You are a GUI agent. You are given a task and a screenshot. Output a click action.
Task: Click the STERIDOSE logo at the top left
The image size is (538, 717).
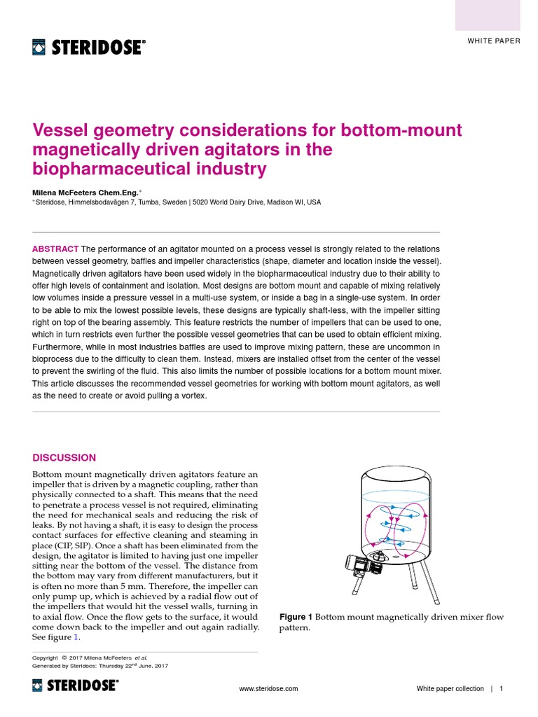[x=89, y=48]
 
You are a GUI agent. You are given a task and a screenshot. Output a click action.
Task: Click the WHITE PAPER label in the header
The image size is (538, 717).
[x=494, y=41]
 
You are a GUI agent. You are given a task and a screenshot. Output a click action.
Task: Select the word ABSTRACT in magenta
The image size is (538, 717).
[x=55, y=249]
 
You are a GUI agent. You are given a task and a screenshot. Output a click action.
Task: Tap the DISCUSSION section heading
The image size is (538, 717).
[x=64, y=457]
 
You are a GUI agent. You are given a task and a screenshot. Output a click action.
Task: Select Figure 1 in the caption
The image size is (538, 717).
[x=296, y=617]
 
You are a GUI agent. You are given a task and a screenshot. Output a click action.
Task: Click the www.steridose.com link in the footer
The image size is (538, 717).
[x=268, y=689]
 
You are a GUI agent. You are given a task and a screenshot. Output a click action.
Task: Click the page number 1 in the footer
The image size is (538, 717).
[x=502, y=689]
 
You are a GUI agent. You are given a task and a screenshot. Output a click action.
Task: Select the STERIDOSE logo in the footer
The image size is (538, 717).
[x=76, y=686]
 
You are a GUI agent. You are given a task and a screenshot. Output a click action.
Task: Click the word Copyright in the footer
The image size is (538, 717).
[x=46, y=657]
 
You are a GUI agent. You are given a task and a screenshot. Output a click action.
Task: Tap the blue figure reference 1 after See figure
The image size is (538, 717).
[x=77, y=638]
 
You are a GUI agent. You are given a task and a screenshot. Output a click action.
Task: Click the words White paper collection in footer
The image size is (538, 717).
[x=450, y=689]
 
